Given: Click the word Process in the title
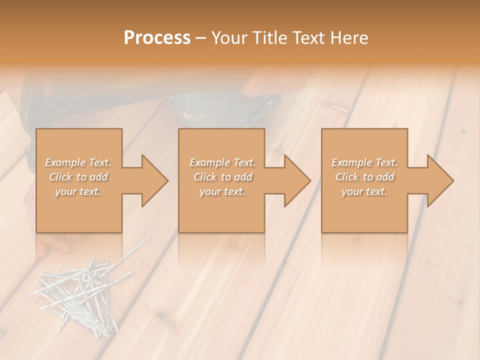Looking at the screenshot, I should tap(157, 38).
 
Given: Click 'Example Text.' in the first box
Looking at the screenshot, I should tap(78, 162).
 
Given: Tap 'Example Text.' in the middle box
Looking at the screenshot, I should tap(222, 162).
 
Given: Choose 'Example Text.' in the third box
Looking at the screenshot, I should tap(364, 162).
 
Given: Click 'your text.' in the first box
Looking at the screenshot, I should tap(78, 191).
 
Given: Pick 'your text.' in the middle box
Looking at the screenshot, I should tap(222, 191).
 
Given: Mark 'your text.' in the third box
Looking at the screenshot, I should tap(364, 191).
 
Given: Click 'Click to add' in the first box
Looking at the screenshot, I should tap(78, 177).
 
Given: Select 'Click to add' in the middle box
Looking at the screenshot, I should tap(222, 177).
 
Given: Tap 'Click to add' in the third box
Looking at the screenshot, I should tap(364, 177).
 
